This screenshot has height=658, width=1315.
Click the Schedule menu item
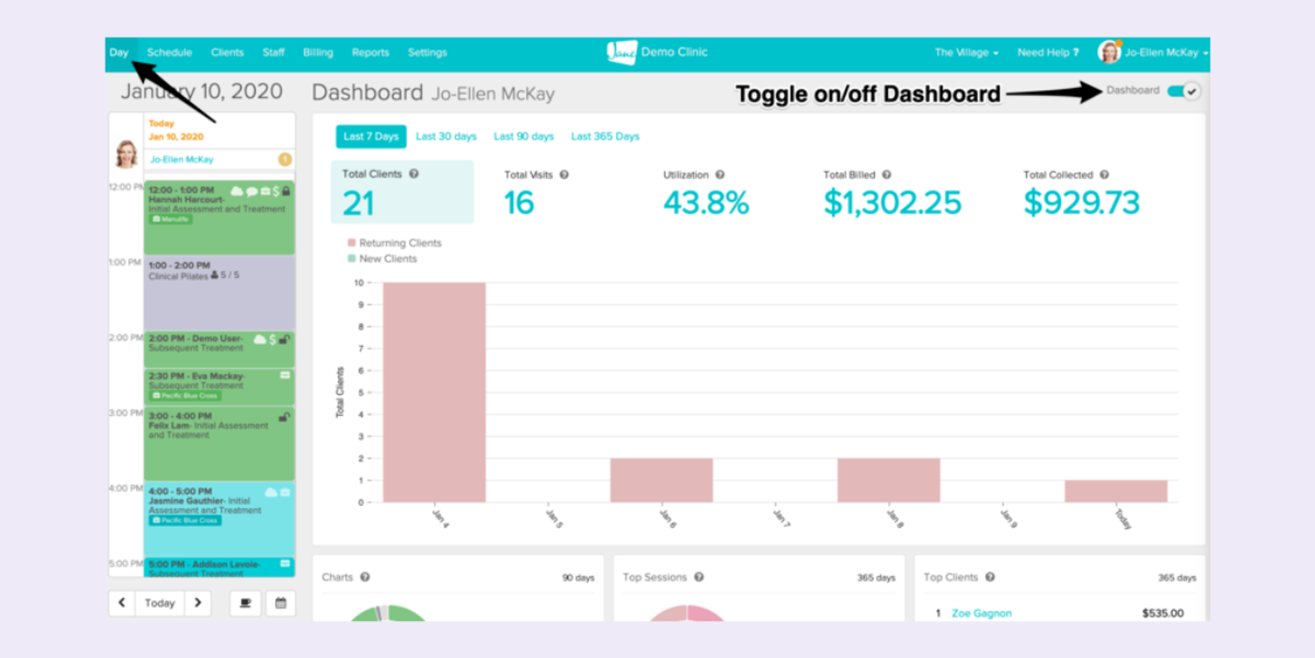click(x=169, y=53)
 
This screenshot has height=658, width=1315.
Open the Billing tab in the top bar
click(x=318, y=53)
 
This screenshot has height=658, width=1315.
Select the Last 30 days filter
click(x=446, y=136)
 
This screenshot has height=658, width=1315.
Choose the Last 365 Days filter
click(x=605, y=136)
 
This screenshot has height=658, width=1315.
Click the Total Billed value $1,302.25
click(x=892, y=203)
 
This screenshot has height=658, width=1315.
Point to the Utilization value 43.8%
click(x=705, y=203)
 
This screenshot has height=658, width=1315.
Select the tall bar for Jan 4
click(x=434, y=392)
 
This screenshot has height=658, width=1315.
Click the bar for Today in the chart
click(x=1116, y=491)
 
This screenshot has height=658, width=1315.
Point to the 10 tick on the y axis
click(x=359, y=283)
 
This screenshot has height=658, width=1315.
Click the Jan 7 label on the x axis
click(x=781, y=518)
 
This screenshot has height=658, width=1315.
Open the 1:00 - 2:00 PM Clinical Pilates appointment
click(x=219, y=293)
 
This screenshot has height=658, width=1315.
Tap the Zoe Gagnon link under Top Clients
click(x=981, y=613)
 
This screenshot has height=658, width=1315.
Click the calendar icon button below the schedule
click(x=281, y=603)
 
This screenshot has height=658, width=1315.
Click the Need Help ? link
click(x=1047, y=53)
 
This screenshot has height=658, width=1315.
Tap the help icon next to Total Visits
click(x=564, y=175)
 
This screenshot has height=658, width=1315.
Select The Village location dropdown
click(x=966, y=53)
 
